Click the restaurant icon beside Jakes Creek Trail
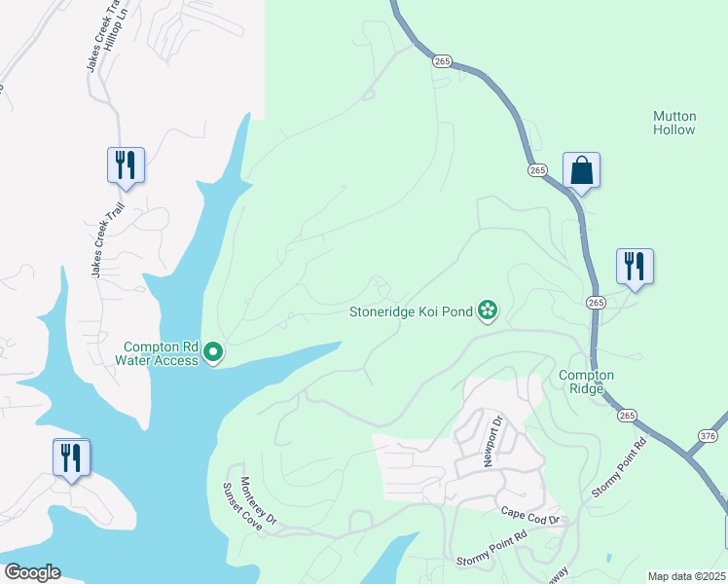(x=126, y=164)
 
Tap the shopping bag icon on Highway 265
(x=581, y=170)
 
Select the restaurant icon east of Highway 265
(x=635, y=266)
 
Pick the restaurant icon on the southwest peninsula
(x=71, y=457)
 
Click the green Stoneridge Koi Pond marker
(x=488, y=311)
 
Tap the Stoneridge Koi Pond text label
(x=411, y=312)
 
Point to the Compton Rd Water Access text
(x=157, y=353)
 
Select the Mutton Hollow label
(x=673, y=123)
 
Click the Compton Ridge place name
(x=586, y=382)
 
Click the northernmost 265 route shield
(x=441, y=60)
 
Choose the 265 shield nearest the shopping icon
(x=537, y=170)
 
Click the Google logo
(x=32, y=572)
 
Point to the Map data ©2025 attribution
(x=686, y=576)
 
